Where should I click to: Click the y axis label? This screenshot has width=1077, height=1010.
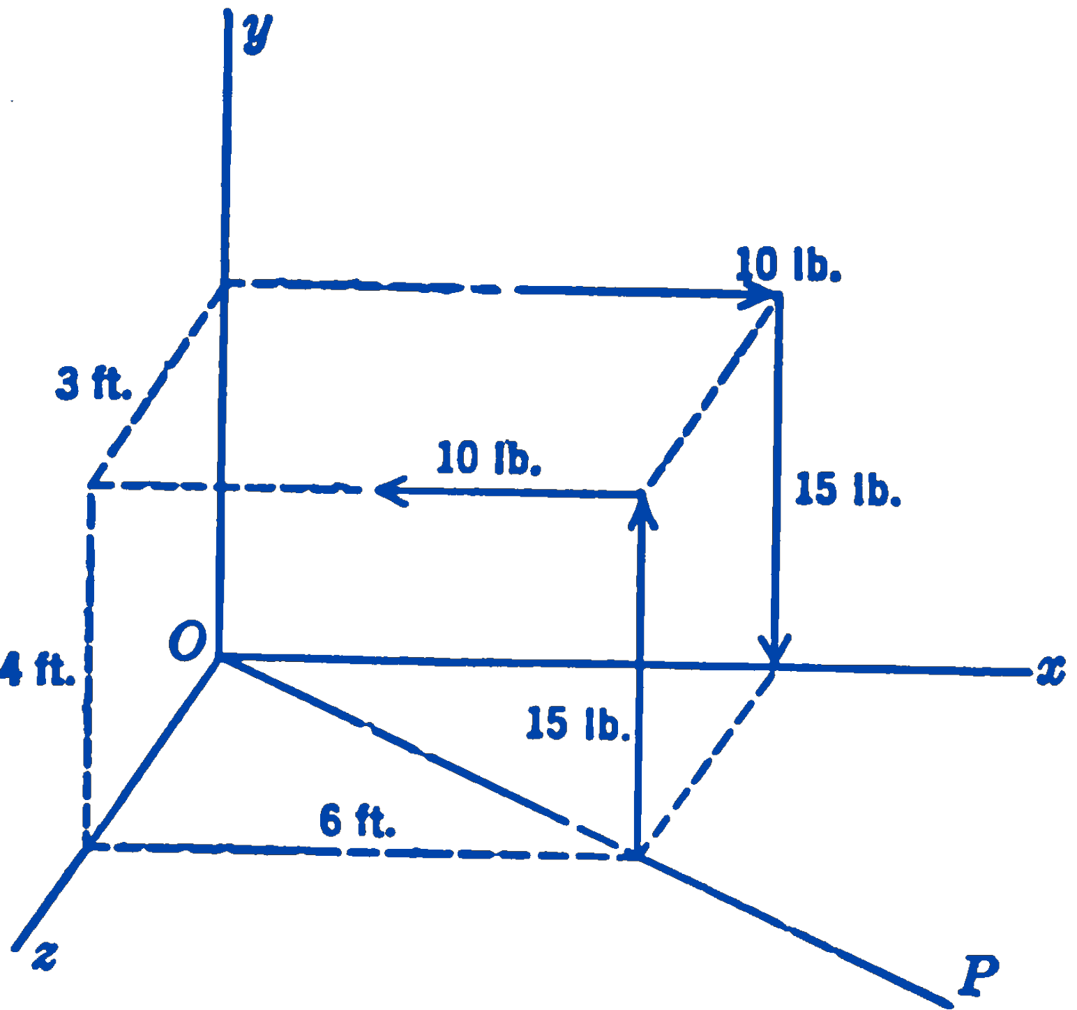[x=257, y=33]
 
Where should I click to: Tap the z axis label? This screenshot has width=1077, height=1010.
[x=45, y=955]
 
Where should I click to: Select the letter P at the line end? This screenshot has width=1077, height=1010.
[x=980, y=974]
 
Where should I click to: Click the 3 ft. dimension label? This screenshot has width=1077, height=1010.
[x=93, y=384]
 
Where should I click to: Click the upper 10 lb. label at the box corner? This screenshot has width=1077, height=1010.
[x=788, y=264]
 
